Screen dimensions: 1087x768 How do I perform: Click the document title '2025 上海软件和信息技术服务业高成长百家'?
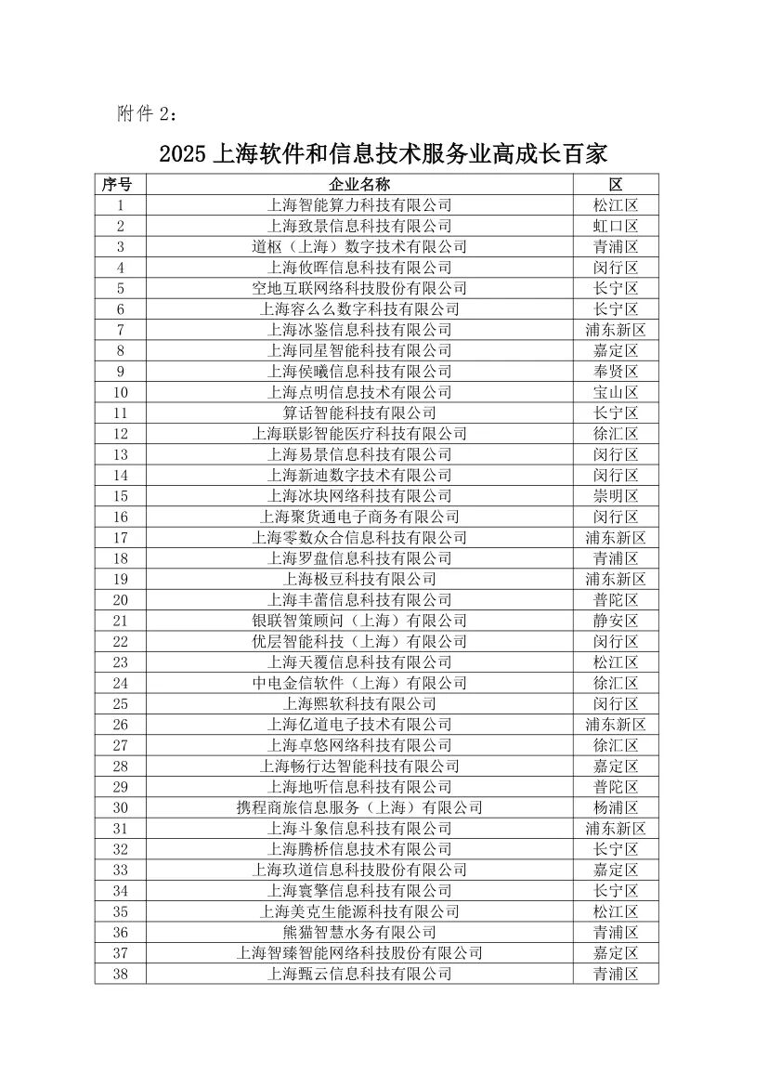tap(383, 153)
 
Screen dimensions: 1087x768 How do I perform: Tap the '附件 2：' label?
tap(146, 113)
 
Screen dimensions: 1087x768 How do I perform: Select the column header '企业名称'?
tap(359, 184)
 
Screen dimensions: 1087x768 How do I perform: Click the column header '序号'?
tap(120, 184)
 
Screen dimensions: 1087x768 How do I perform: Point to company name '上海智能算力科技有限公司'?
tap(359, 205)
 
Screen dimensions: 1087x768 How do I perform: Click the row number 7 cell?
tap(120, 330)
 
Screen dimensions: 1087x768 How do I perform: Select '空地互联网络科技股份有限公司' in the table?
tap(359, 288)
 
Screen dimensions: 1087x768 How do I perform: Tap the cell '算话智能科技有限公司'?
tap(359, 413)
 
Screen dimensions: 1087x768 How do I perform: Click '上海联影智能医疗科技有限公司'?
tap(359, 434)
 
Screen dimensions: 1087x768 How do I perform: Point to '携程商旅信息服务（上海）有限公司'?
tap(359, 807)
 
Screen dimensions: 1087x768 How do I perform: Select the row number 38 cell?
tap(120, 974)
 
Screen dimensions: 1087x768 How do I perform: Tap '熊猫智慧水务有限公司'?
tap(359, 932)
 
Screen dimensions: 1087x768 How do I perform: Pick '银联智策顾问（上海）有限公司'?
tap(359, 621)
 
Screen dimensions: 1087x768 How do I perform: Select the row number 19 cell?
tap(120, 579)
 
